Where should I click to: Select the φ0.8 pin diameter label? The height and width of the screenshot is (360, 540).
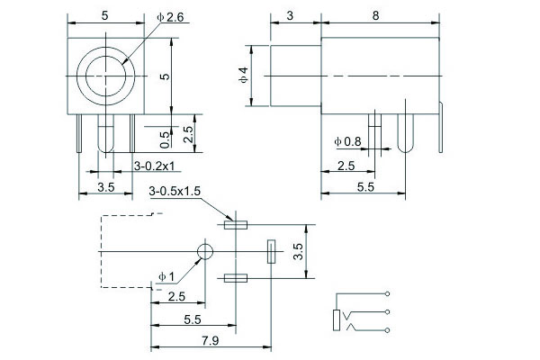pyautogui.click(x=346, y=142)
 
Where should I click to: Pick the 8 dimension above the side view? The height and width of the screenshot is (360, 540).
pyautogui.click(x=374, y=16)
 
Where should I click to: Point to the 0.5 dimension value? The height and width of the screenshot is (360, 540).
pyautogui.click(x=164, y=139)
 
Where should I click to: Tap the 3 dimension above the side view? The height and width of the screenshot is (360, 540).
pyautogui.click(x=290, y=16)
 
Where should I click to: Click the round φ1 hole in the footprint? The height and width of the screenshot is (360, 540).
pyautogui.click(x=206, y=251)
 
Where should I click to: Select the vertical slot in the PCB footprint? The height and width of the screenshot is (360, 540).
pyautogui.click(x=270, y=251)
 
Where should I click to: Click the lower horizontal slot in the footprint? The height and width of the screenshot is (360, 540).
pyautogui.click(x=236, y=279)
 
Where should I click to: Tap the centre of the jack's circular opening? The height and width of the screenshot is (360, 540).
pyautogui.click(x=106, y=70)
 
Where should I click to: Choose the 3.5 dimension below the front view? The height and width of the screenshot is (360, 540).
pyautogui.click(x=105, y=187)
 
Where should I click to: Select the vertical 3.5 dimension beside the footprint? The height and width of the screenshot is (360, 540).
pyautogui.click(x=299, y=251)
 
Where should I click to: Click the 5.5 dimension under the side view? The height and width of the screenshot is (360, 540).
pyautogui.click(x=364, y=186)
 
